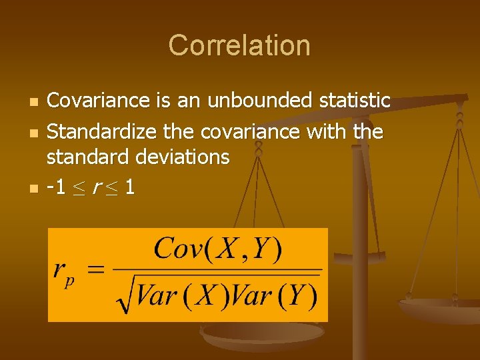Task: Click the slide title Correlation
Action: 239,45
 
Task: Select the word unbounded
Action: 259,101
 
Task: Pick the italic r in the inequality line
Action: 98,188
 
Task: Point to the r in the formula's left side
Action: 60,271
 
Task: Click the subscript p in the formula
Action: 69,280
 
